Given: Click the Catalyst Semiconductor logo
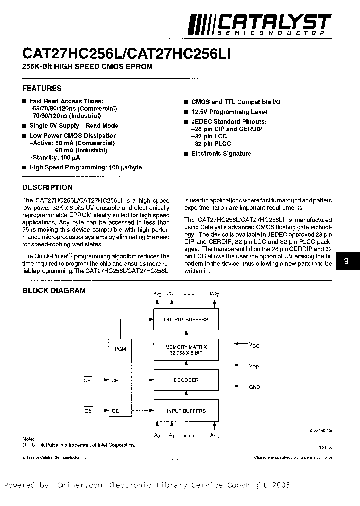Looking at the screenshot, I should pos(259,24).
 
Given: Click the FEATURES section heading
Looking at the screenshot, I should pos(42,88).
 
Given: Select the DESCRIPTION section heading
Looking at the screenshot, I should pos(48,187).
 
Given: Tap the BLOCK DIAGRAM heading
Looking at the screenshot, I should pos(54,290).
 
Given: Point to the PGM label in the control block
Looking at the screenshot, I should pos(120,349).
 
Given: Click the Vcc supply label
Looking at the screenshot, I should pos(255,344).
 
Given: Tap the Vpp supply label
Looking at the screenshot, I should pos(255,366).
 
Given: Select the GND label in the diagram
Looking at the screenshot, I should pos(254,387).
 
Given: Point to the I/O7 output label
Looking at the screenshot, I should pos(214,294).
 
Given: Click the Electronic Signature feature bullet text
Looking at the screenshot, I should pos(221,154).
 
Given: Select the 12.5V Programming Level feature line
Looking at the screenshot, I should pos(229,112).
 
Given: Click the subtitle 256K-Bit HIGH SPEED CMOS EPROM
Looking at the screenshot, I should pos(87,66).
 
